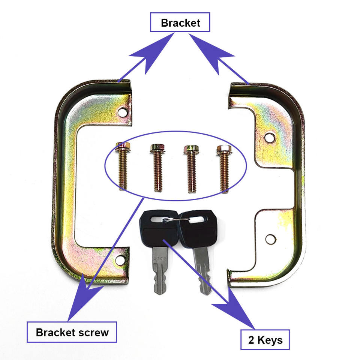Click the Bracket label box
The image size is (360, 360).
point(180,23)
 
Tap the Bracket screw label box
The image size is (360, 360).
point(72,332)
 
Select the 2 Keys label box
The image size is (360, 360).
point(265,340)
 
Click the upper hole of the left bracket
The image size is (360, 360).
point(122,112)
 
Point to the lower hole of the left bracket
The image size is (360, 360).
point(120,259)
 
